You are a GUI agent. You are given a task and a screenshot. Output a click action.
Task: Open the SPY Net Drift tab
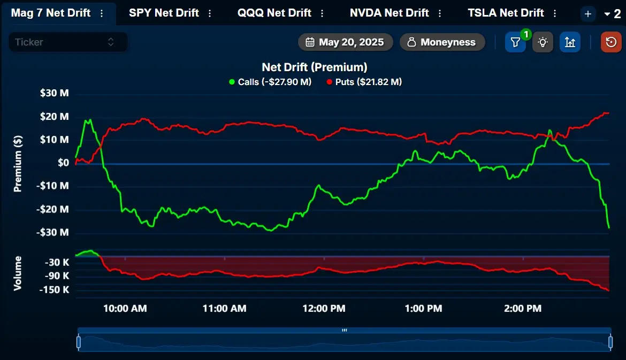coord(164,13)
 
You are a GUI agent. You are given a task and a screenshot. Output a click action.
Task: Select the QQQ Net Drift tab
coord(274,13)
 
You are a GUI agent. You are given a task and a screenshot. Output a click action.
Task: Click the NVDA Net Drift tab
coord(390,13)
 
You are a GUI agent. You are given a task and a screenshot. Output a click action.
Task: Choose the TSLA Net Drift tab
coord(506,13)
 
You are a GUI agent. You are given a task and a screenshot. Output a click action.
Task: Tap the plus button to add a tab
coord(587,14)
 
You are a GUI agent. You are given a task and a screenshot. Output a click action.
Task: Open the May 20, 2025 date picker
coord(345,42)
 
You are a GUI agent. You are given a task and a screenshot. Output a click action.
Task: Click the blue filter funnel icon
coord(515,42)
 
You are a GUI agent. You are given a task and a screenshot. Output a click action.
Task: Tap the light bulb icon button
coord(543,42)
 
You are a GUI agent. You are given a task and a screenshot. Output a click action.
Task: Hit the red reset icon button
coord(611,42)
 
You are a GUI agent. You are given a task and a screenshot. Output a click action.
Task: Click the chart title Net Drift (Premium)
coord(314,67)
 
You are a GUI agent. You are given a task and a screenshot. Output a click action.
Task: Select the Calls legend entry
coord(270,82)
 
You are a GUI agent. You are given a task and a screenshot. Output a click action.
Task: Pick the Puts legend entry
coord(364,82)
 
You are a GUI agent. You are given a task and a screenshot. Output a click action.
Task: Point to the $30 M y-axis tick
coord(54,93)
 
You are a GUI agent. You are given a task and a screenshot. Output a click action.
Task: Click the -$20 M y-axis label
coord(52,209)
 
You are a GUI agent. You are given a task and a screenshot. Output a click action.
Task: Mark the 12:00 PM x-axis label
coord(324,309)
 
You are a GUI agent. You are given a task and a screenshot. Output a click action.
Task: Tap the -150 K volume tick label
coord(54,290)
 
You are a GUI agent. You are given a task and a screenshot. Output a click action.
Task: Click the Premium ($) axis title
coord(18,164)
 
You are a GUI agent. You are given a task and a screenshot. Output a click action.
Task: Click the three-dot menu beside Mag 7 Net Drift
coord(102,13)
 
